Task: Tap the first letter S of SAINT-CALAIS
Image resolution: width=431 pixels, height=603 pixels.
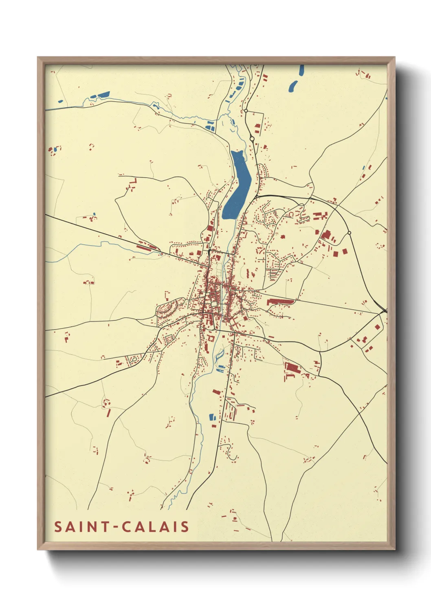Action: point(58,527)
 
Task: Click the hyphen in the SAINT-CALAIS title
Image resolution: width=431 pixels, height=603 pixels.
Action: point(116,527)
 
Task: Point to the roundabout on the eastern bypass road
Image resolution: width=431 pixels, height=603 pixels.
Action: point(349,233)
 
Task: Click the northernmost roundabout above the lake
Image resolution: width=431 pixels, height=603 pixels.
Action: point(246,110)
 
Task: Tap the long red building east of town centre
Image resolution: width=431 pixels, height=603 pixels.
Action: point(280,302)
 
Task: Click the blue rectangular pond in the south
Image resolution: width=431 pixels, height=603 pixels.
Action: point(211,417)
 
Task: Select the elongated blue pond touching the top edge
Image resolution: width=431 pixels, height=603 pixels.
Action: point(301,70)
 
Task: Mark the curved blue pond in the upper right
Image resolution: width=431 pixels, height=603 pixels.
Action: point(293,86)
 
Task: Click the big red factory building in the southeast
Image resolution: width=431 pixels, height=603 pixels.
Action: point(292,368)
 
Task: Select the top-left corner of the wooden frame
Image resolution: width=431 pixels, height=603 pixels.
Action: point(38,58)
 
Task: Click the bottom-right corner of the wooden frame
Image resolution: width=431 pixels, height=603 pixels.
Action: point(394,549)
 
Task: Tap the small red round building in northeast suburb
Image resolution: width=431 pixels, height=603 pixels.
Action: point(282,236)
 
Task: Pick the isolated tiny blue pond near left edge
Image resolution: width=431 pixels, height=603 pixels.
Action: point(60,101)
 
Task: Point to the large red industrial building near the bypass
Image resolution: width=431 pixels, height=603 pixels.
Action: point(326,235)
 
